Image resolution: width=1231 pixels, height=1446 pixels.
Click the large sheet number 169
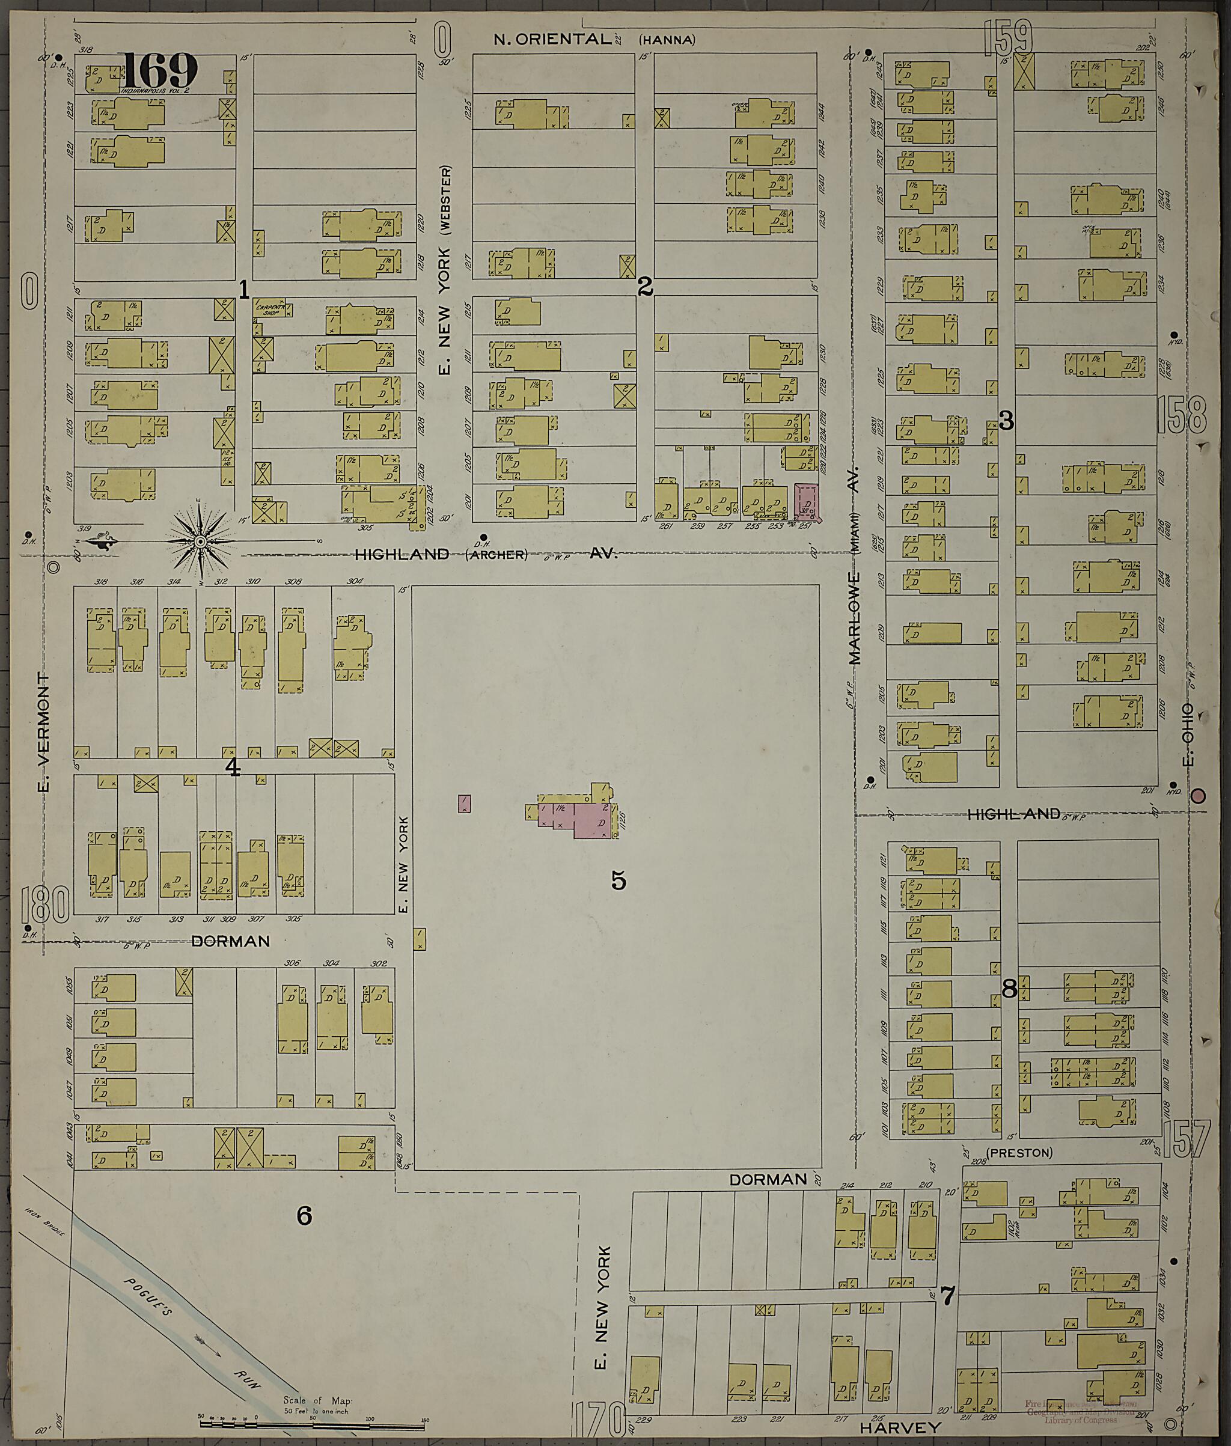pos(160,70)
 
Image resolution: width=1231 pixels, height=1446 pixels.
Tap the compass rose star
pos(200,541)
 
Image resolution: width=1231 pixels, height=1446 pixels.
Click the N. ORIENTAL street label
pos(551,39)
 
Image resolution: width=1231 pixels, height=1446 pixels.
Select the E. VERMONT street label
pos(44,733)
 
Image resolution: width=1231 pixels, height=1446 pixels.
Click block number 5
pos(619,880)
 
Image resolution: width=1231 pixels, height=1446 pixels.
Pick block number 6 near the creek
pos(304,1216)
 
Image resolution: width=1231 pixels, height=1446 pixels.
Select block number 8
pos(1009,989)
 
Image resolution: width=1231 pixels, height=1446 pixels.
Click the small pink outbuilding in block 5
pos(464,804)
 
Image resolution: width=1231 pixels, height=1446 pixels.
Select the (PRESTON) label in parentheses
pos(1019,1153)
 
